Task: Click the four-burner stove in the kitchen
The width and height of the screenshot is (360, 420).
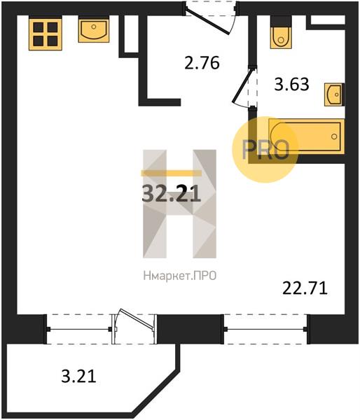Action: [x=46, y=33]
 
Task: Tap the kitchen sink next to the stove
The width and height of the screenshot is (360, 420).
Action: [x=94, y=29]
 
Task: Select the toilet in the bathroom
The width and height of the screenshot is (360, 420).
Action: [x=281, y=32]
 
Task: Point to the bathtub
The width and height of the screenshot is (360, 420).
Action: [x=306, y=136]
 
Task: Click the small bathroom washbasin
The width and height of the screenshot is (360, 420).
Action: [x=334, y=94]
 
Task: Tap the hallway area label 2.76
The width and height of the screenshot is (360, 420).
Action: [x=202, y=63]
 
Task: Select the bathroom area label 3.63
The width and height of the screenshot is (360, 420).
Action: [x=291, y=84]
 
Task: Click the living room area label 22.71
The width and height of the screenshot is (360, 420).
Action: [x=305, y=288]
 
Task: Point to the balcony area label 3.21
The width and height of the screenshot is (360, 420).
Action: [x=78, y=376]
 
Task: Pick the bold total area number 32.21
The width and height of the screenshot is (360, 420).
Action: [x=172, y=194]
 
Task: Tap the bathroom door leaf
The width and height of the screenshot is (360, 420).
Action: [x=242, y=85]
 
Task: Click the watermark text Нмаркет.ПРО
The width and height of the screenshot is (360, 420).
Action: [x=180, y=276]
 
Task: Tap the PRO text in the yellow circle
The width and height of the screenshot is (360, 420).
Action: [x=265, y=150]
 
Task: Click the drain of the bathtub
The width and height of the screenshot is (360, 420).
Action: [x=334, y=136]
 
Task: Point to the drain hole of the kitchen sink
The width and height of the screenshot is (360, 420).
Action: [x=94, y=27]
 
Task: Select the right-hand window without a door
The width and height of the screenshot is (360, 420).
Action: [x=265, y=329]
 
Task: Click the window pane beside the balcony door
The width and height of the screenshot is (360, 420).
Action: [x=79, y=329]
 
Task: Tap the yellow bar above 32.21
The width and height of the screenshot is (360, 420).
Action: [x=172, y=173]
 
